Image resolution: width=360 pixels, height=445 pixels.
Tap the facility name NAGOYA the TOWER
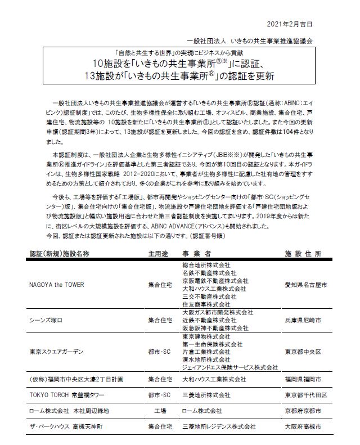tap(56, 285)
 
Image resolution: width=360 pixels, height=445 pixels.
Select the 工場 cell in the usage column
tap(159, 411)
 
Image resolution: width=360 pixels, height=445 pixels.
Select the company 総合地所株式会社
tap(207, 264)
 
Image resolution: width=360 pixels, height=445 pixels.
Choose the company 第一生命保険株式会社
tap(210, 344)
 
